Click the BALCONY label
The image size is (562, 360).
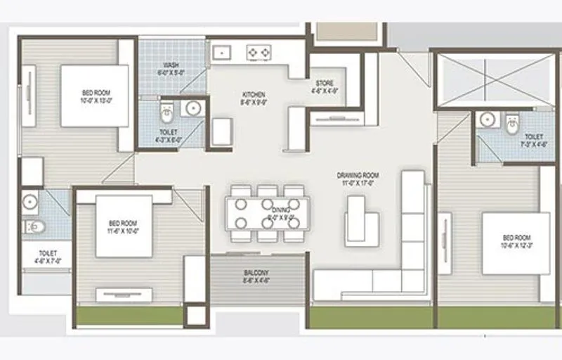point(256,272)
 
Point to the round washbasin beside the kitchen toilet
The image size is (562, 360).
point(192,108)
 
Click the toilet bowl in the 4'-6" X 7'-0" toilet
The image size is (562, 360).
point(33,226)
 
